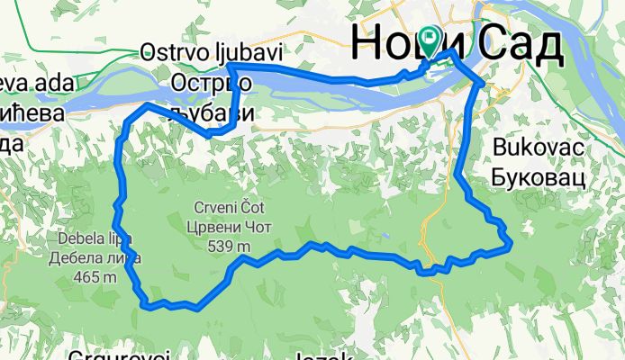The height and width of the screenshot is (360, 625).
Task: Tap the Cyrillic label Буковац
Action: (539, 175)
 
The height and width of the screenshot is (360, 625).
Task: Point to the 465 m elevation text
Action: (96, 277)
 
